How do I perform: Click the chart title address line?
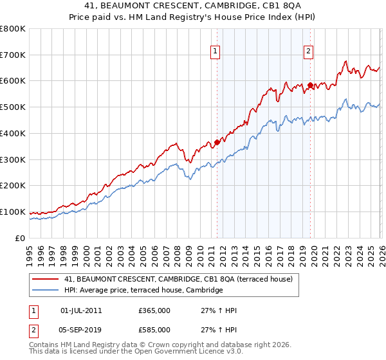pos(193,6)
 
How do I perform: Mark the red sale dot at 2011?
pos(217,143)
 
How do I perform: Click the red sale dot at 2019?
pos(310,85)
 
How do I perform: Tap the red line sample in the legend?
pos(45,279)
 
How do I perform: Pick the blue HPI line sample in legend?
pos(45,291)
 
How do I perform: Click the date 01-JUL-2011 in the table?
pos(80,310)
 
